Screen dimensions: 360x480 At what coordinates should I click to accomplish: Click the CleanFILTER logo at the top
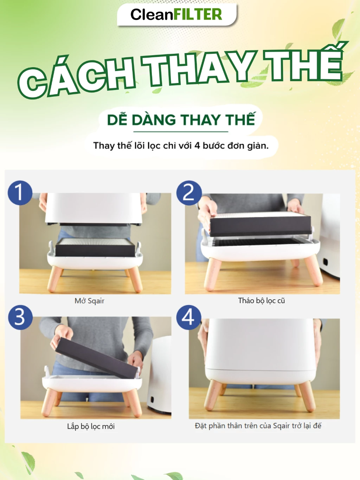coord(176,14)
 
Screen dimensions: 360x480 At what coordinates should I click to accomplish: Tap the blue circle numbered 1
coord(20,193)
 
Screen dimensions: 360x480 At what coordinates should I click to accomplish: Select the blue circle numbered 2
coord(189,193)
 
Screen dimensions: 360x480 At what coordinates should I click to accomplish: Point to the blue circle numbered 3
coord(20,317)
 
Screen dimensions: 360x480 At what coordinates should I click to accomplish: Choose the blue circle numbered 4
coord(189,317)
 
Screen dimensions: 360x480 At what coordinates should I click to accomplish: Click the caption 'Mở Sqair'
coord(89,301)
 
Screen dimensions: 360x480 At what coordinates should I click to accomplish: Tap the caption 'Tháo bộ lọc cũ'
coord(262,301)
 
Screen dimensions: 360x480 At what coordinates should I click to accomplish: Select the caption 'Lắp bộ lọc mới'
coord(91,426)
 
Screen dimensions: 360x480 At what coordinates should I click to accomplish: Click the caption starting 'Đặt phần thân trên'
coord(258,426)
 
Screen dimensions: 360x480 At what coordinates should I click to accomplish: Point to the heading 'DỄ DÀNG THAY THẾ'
coord(181,120)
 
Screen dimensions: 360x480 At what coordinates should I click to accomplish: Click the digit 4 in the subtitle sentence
coord(197,146)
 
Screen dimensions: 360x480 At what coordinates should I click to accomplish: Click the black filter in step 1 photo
coord(95,247)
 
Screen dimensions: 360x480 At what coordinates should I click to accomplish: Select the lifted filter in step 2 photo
coord(260,224)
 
